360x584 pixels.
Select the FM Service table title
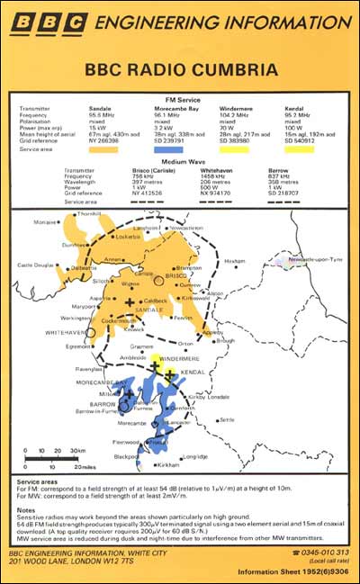180,95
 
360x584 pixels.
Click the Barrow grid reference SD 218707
285,193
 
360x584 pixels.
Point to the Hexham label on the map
260,259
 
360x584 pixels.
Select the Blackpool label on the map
112,456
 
